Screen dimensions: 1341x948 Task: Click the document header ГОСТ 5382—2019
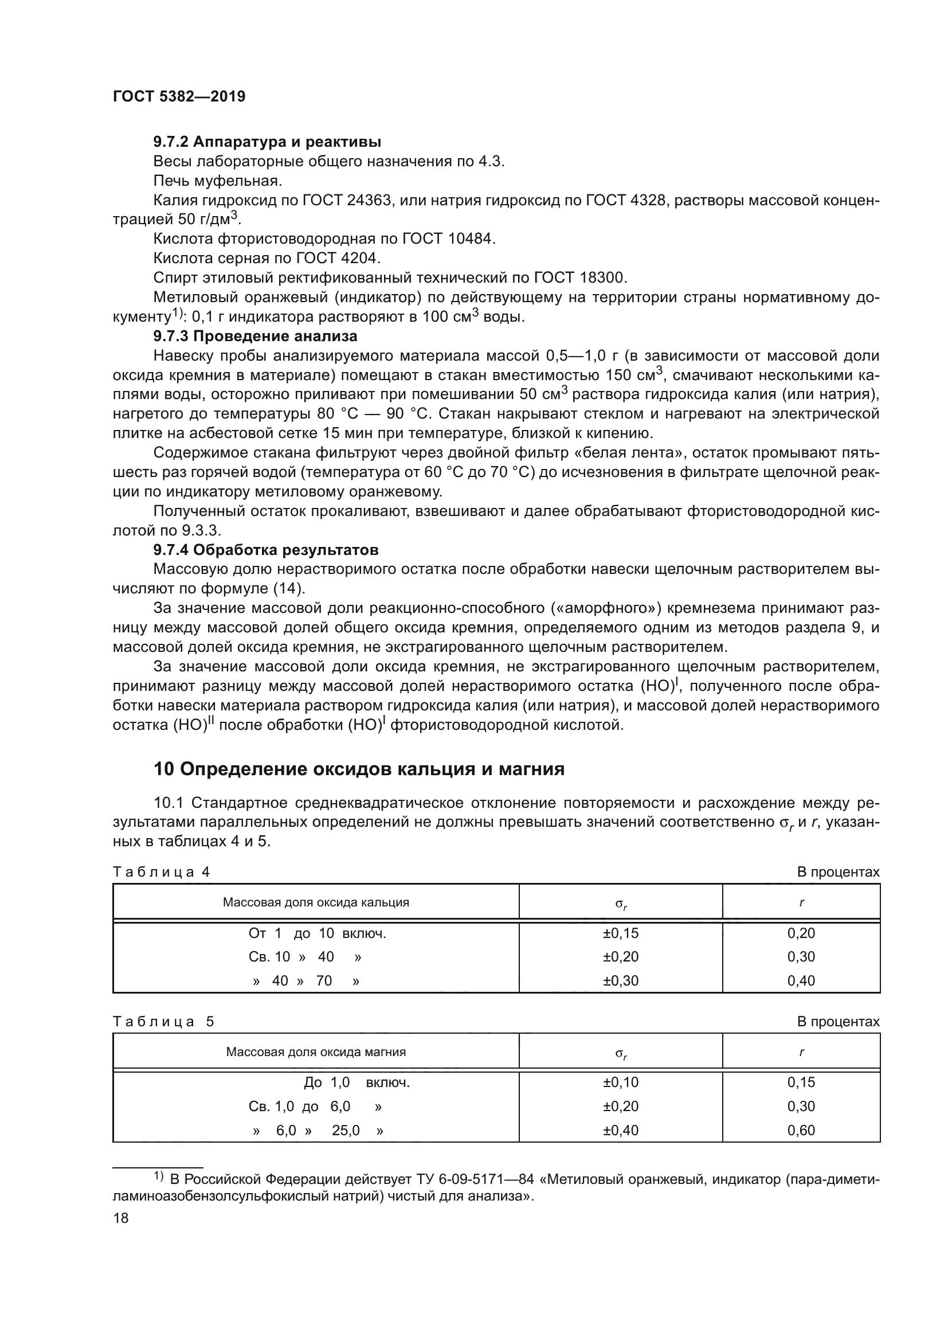click(x=179, y=97)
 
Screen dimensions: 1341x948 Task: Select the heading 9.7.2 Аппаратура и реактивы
click(x=267, y=142)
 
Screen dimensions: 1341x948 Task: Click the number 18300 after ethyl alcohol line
click(x=603, y=277)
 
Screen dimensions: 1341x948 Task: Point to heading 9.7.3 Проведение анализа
click(x=255, y=337)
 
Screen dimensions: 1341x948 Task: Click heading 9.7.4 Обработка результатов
click(x=265, y=550)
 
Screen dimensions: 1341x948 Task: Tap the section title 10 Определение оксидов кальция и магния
click(x=358, y=769)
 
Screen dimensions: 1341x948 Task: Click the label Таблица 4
click(x=161, y=872)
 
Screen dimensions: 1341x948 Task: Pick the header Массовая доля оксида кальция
click(x=316, y=902)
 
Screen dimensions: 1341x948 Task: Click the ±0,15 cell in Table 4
click(x=621, y=933)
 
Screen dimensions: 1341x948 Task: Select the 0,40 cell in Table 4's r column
click(x=801, y=980)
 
